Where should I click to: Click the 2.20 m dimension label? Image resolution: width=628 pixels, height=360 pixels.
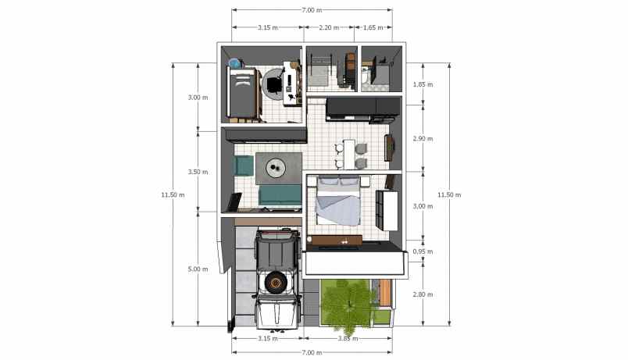pyautogui.click(x=329, y=27)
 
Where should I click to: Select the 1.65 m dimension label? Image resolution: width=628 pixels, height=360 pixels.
pyautogui.click(x=373, y=27)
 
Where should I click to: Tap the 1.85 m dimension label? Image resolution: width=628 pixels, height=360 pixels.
pyautogui.click(x=423, y=84)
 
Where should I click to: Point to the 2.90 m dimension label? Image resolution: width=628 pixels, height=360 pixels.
pyautogui.click(x=423, y=139)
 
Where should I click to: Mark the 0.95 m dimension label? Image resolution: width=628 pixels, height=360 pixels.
pyautogui.click(x=423, y=252)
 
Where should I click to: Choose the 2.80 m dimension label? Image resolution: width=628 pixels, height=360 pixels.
pyautogui.click(x=423, y=294)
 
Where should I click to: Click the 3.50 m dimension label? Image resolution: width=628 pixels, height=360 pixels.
pyautogui.click(x=198, y=173)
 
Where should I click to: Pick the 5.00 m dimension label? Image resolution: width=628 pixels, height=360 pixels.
pyautogui.click(x=198, y=269)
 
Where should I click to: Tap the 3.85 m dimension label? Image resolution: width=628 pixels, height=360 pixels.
pyautogui.click(x=348, y=339)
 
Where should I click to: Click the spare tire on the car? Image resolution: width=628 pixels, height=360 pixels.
pyautogui.click(x=276, y=283)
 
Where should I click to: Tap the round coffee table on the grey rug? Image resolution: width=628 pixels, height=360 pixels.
pyautogui.click(x=276, y=167)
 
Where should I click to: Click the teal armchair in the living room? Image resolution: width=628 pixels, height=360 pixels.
pyautogui.click(x=243, y=166)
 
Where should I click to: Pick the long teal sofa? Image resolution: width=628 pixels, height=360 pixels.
pyautogui.click(x=280, y=195)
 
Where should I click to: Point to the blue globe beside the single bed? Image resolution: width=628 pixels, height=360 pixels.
pyautogui.click(x=234, y=63)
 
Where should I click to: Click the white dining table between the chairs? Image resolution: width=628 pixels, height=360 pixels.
pyautogui.click(x=349, y=154)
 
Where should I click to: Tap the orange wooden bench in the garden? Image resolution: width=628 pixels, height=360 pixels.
pyautogui.click(x=384, y=293)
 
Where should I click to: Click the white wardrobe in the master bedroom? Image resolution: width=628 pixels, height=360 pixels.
pyautogui.click(x=387, y=210)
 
